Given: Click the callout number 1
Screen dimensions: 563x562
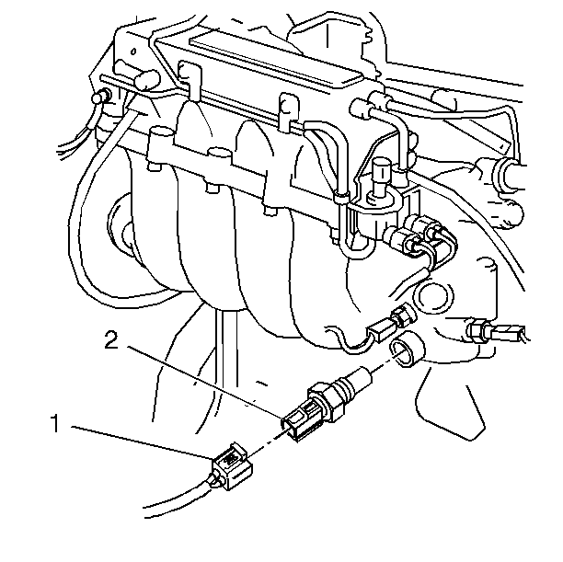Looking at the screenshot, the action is tap(55, 423).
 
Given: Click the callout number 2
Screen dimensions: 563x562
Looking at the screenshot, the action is tap(111, 339).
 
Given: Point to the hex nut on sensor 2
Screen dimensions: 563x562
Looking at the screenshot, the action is tap(325, 399).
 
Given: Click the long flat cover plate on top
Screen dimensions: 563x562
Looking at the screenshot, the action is tap(277, 60).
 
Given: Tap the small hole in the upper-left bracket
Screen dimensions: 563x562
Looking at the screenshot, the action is tap(133, 52).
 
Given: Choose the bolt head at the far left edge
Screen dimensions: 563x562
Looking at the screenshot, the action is tap(100, 97).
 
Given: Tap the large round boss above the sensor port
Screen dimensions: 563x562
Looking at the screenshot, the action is tap(433, 294).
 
